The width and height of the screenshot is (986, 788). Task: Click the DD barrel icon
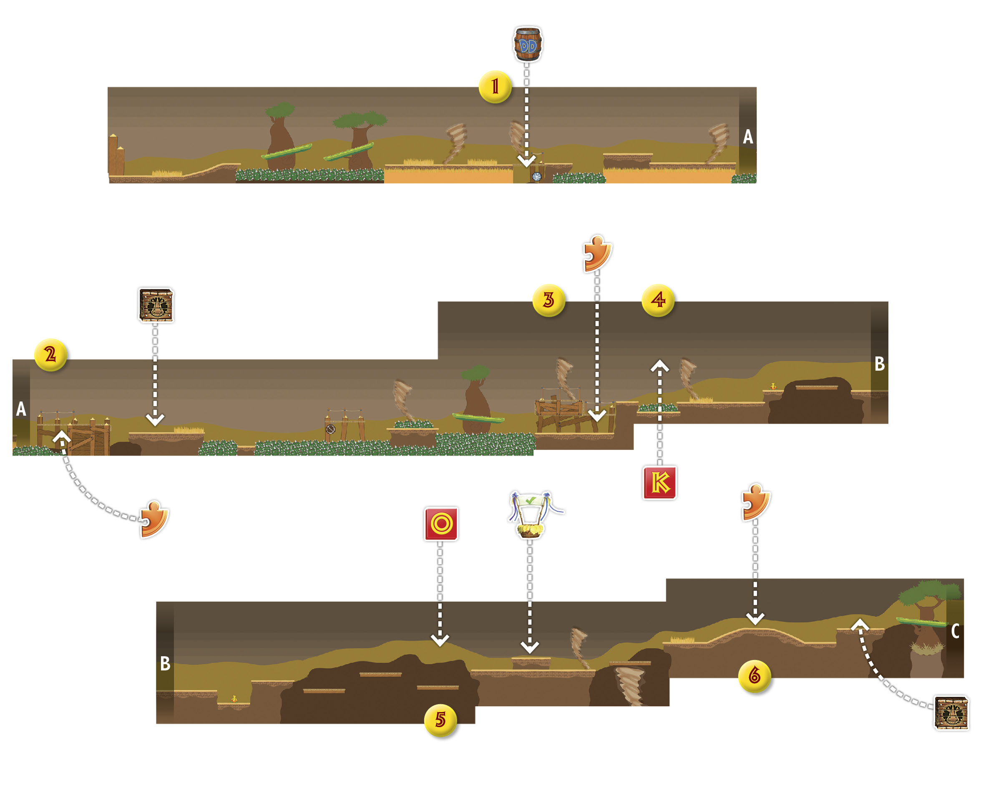528,44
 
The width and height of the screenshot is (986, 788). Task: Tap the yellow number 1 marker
495,87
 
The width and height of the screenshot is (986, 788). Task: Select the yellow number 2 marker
51,355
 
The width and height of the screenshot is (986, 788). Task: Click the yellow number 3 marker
549,300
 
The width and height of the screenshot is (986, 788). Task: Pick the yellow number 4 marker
658,300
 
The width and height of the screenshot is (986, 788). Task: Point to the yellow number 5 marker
440,720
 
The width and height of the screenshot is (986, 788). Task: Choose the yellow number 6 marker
755,675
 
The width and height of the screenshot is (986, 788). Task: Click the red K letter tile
659,483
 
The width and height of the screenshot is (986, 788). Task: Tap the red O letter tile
441,524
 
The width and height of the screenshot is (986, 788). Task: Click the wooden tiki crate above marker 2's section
156,305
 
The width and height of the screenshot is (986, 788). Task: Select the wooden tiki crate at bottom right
951,713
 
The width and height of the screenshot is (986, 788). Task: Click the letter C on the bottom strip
955,631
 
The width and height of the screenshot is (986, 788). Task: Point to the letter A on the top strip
748,137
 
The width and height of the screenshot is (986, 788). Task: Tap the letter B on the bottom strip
165,663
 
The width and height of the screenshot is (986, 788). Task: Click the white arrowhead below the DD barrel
526,161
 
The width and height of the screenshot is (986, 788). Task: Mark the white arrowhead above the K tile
659,366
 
